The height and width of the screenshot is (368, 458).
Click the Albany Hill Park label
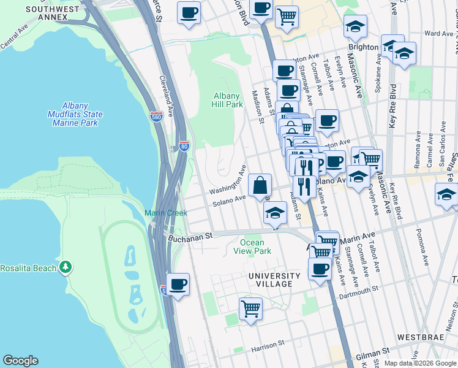tap(228, 100)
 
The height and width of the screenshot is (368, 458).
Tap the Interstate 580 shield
tap(158, 117)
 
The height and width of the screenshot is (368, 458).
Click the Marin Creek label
tap(161, 213)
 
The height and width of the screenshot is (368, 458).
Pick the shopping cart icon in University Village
tap(250, 308)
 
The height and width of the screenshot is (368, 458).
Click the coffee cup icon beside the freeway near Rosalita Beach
tap(178, 284)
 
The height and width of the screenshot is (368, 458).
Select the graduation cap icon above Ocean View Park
tap(276, 213)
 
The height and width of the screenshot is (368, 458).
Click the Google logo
tap(20, 361)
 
